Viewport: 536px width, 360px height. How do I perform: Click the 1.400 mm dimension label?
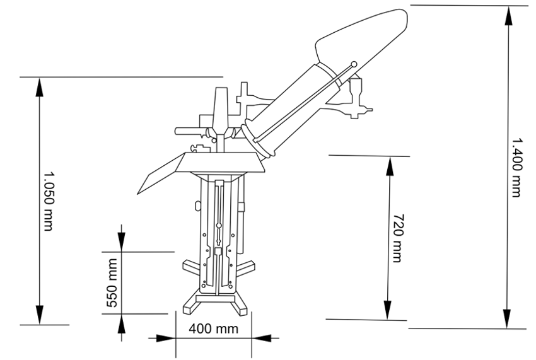pos(516,167)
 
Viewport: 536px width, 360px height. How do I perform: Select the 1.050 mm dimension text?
pos(49,201)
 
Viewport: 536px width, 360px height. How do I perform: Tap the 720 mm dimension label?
pos(397,238)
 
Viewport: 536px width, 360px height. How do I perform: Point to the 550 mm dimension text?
pos(112,283)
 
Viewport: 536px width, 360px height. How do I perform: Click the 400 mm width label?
pos(213,328)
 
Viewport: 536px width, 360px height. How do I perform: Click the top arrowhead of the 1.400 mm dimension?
pos(509,16)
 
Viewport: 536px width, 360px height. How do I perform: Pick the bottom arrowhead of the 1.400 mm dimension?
pos(507,318)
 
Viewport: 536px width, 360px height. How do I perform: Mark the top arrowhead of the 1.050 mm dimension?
pos(40,88)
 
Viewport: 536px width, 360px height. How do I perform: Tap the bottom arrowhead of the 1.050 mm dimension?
pos(40,315)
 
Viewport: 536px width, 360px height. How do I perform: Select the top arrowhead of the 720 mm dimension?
pos(390,166)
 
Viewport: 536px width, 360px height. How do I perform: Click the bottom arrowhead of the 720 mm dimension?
pos(387,310)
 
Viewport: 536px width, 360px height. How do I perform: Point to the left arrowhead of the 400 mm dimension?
pos(166,339)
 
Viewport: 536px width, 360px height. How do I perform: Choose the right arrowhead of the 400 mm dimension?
pos(262,339)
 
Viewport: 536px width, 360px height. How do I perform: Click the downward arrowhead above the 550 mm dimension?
pos(121,241)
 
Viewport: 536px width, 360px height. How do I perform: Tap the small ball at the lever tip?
pos(354,64)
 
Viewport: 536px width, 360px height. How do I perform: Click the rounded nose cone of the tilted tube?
pos(362,40)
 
